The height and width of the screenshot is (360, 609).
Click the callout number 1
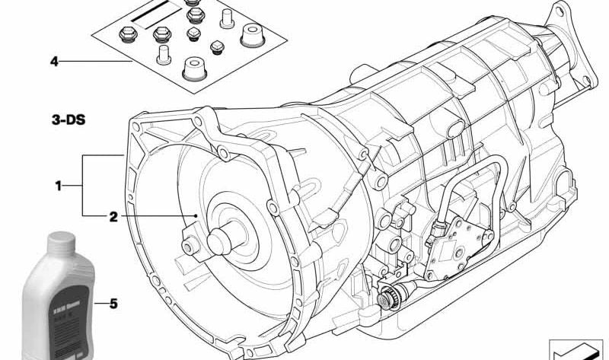pos(58,185)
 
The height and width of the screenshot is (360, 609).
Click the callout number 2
pos(113,217)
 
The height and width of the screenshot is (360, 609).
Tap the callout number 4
pos(53,60)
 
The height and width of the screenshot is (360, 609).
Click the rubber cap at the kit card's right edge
pos(250,34)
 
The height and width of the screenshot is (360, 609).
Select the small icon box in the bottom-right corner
pos(576,347)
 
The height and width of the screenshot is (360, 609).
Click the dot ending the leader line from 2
pos(196,217)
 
